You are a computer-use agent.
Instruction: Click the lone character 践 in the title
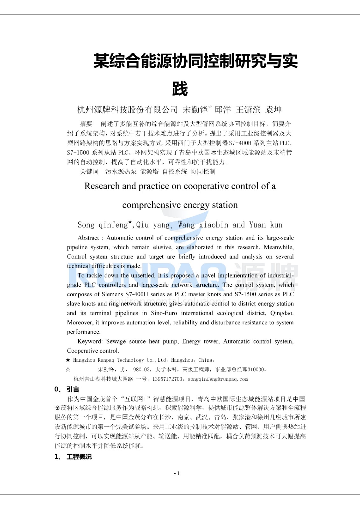tap(180, 89)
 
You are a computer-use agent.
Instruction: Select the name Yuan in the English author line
tap(258, 225)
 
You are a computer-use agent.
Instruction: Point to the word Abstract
tap(88, 238)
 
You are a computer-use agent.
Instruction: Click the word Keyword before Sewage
tap(90, 341)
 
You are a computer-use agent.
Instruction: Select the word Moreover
tap(80, 323)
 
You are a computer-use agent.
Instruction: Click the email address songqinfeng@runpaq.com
tap(218, 379)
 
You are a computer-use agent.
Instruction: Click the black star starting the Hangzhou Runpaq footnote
tap(68, 360)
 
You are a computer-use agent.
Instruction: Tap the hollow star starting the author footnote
tap(68, 370)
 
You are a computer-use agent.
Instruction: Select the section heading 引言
tap(73, 389)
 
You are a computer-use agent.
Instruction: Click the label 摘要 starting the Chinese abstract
tap(86, 124)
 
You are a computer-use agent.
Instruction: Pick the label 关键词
tap(89, 171)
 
